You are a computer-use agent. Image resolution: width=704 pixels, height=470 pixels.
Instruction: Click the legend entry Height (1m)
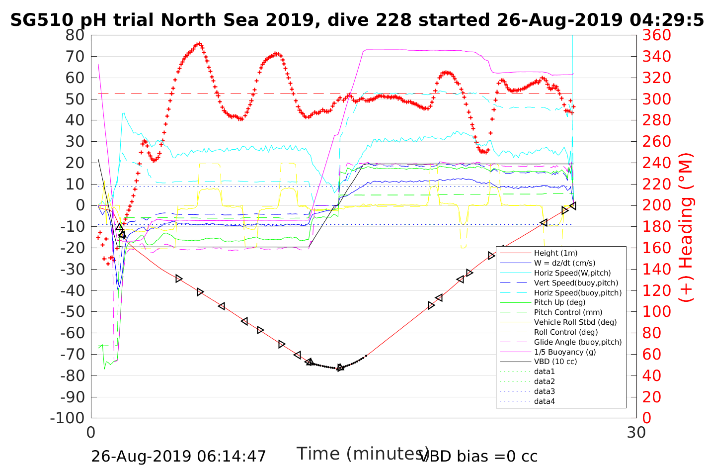coord(555,253)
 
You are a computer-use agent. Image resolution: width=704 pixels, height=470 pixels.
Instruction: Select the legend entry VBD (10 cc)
coord(555,362)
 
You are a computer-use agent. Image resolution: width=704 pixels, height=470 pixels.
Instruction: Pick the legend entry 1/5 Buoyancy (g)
coord(565,352)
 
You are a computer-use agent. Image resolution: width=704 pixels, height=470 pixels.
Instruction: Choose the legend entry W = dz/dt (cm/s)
coord(564,263)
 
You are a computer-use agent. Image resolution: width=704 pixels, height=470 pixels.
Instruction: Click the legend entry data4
coord(545,401)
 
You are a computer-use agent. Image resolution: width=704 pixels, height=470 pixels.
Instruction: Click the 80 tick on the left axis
coord(75,35)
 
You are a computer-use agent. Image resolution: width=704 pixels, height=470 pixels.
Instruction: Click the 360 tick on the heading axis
coord(656,35)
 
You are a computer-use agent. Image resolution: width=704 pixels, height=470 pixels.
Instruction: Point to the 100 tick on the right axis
coord(656,312)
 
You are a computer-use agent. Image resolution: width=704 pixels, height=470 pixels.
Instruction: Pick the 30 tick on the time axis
coord(636,432)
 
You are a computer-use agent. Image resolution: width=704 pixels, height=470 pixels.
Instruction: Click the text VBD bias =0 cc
coord(478,456)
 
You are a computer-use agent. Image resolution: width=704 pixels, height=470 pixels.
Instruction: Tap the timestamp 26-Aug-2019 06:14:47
coord(178,456)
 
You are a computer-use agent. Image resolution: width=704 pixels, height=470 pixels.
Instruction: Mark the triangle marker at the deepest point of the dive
coord(340,368)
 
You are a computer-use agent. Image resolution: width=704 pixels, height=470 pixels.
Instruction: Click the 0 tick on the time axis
coord(91,432)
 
